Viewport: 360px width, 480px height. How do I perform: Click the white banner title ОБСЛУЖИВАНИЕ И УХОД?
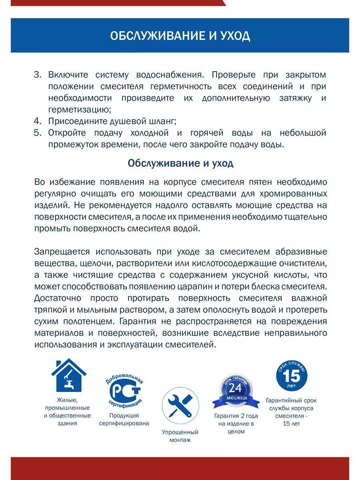180,36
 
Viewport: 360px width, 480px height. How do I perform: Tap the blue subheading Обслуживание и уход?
180,163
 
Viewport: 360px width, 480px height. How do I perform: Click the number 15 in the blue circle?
292,376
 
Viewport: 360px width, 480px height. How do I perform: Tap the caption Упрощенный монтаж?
180,436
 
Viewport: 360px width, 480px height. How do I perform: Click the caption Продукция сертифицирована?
124,420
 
